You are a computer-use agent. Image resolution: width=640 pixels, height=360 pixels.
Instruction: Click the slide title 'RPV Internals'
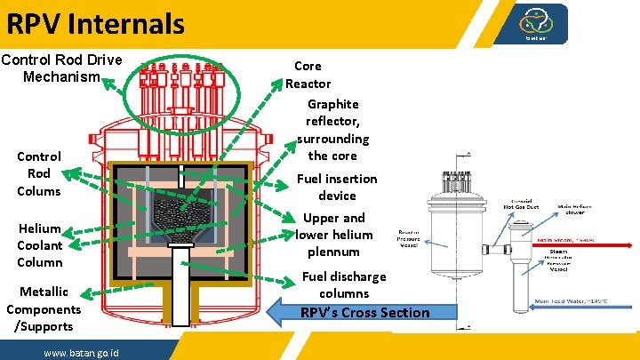[95, 22]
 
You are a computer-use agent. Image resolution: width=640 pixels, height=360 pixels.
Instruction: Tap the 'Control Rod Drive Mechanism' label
[61, 68]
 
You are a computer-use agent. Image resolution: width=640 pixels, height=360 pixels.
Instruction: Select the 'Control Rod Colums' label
[39, 173]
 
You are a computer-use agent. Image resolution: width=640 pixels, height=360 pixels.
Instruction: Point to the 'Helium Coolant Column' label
[40, 245]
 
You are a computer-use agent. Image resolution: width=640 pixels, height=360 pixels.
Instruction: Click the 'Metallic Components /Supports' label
[43, 308]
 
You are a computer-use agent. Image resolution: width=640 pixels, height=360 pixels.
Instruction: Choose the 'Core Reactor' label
[308, 75]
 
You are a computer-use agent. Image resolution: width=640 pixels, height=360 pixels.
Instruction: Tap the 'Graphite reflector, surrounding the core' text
[332, 130]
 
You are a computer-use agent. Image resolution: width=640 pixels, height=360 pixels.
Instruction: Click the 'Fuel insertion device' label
[336, 187]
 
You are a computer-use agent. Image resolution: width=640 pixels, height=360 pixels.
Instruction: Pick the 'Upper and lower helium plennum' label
[333, 235]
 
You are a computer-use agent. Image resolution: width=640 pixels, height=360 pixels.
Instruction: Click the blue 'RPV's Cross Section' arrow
[364, 312]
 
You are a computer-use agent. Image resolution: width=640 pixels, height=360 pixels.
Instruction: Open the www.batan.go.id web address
[83, 353]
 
